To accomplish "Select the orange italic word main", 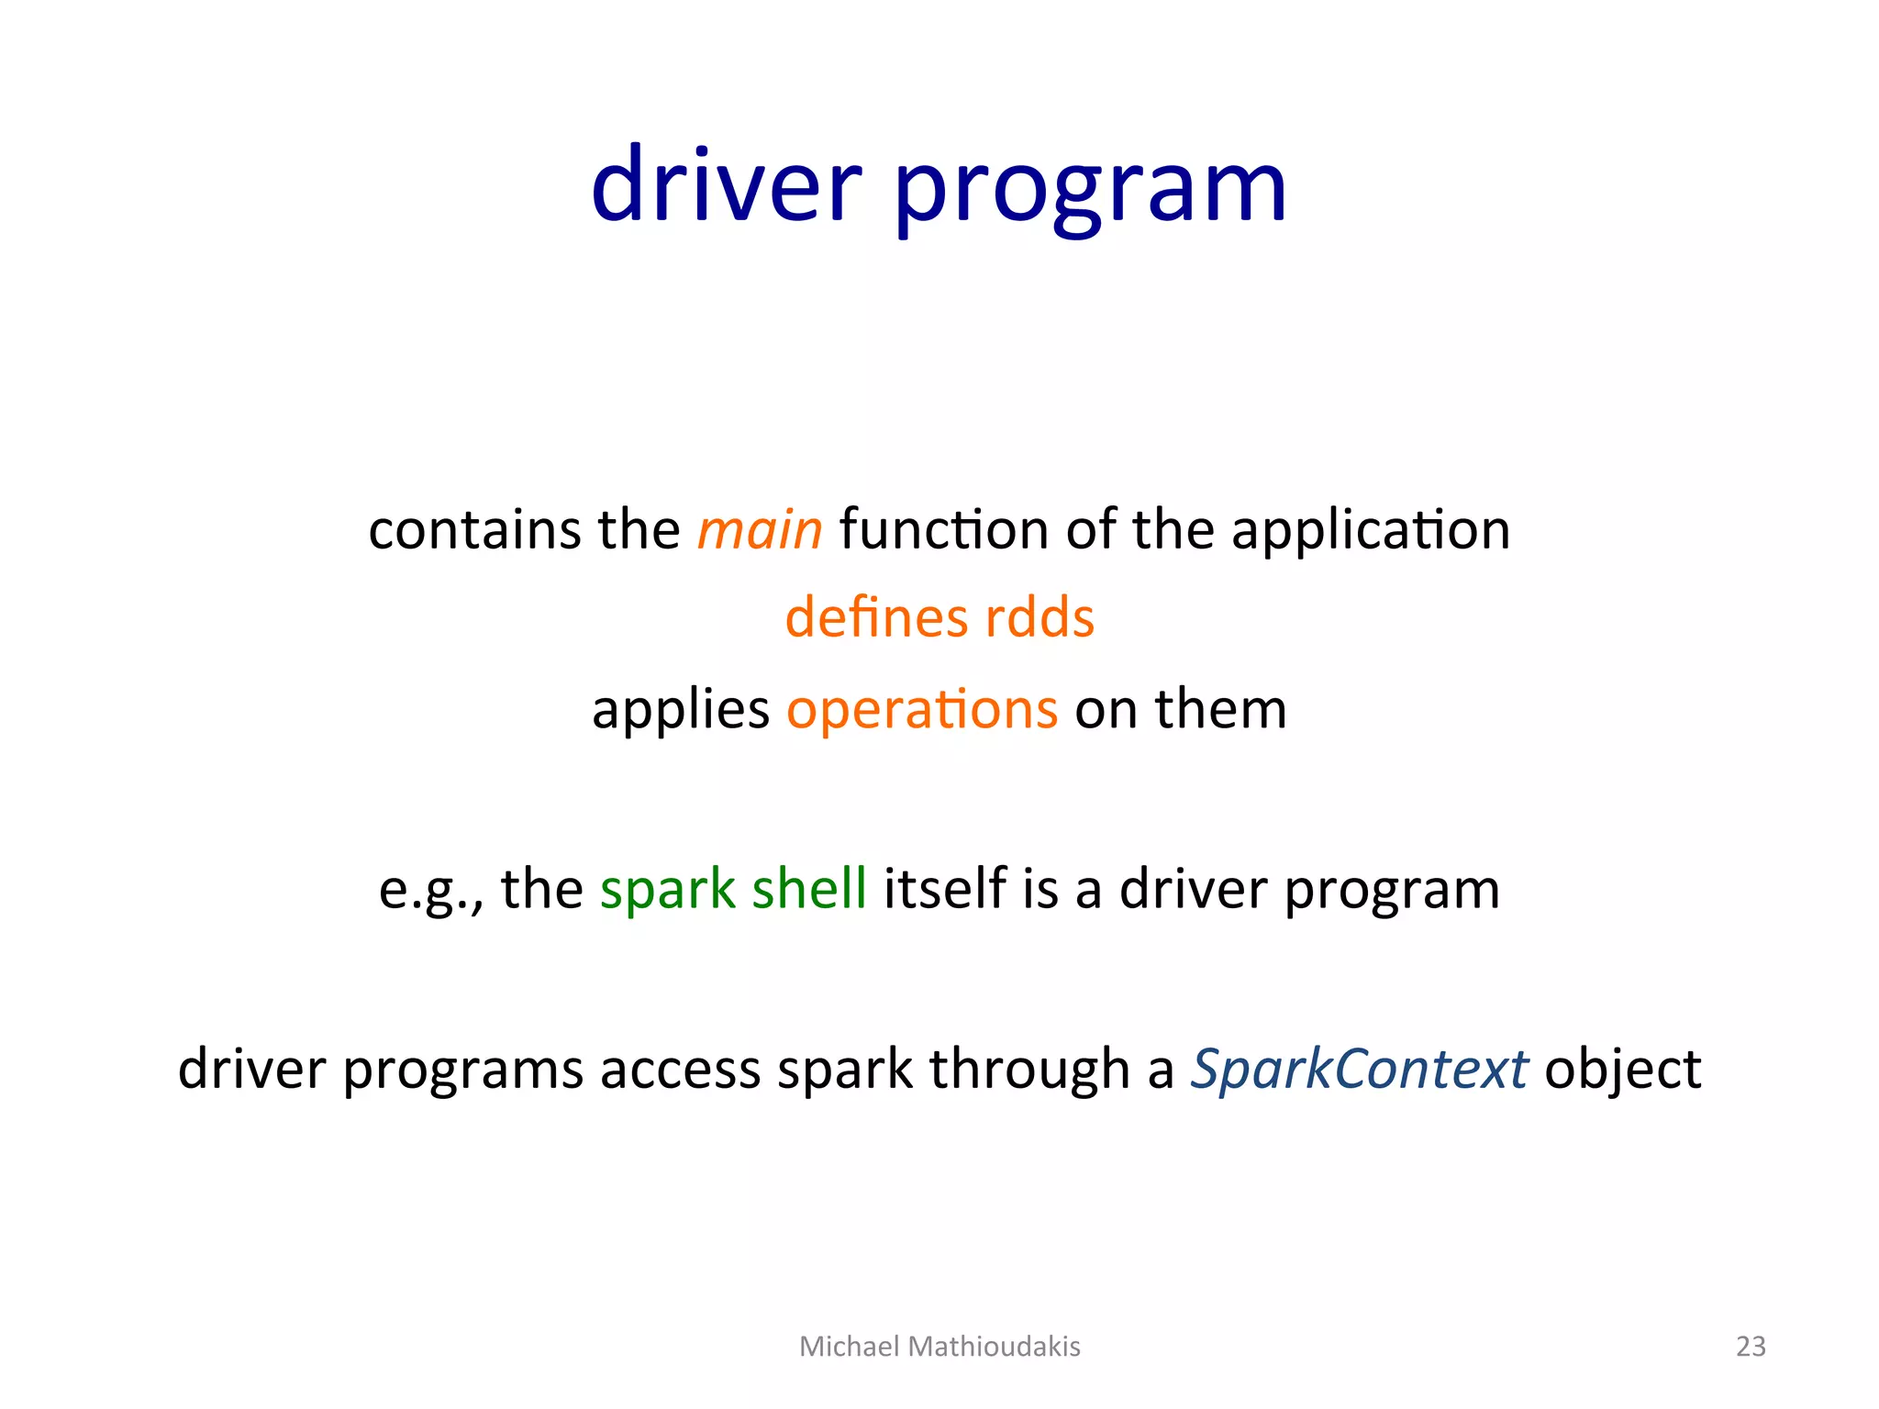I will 759,530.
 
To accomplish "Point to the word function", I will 943,530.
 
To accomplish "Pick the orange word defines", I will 876,617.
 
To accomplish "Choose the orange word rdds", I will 1039,617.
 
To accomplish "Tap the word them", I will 1219,709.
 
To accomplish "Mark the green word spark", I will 667,890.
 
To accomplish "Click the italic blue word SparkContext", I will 1359,1070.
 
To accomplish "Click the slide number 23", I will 1751,1346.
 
